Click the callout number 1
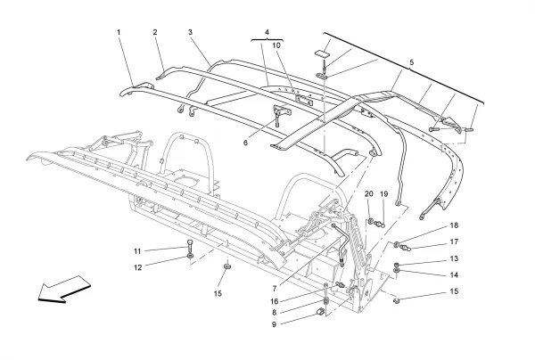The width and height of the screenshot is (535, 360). click(118, 33)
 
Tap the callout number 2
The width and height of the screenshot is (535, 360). click(155, 33)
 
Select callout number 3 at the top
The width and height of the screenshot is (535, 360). click(190, 33)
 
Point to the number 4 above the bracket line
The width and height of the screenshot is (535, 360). click(265, 33)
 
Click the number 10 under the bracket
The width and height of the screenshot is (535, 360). click(276, 45)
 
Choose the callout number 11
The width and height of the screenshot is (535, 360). click(137, 250)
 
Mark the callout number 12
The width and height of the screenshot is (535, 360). click(137, 267)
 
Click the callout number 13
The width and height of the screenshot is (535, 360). click(453, 259)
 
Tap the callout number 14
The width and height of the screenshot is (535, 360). click(453, 275)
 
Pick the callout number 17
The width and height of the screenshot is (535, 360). click(453, 241)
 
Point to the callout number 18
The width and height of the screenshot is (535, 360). click(453, 226)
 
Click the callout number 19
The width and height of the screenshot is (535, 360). click(384, 194)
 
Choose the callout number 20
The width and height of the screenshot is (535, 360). click(369, 194)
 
